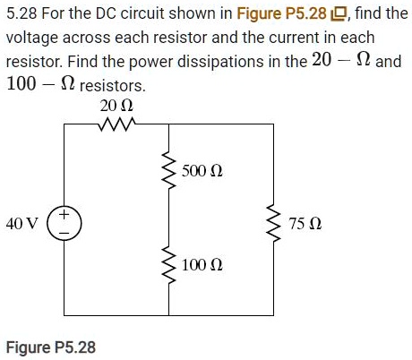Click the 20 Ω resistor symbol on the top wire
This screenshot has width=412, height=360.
point(116,124)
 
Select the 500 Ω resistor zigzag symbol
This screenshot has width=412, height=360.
point(167,171)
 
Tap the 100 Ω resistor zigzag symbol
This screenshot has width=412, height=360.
point(167,266)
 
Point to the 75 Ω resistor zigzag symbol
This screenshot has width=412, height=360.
point(273,221)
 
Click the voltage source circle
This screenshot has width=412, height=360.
point(64,224)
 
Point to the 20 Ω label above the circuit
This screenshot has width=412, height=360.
point(116,106)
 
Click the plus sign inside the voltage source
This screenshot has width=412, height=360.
point(64,216)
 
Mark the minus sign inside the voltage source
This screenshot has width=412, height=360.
point(64,232)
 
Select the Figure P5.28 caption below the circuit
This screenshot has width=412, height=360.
point(51,347)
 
